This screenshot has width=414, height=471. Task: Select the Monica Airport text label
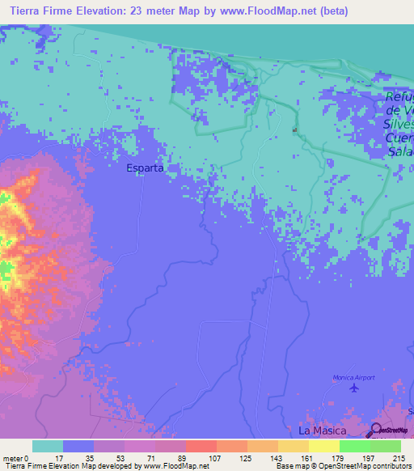pos(354,378)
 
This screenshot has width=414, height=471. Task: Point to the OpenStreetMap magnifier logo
pos(378,429)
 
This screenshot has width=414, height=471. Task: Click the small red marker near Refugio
pos(295,129)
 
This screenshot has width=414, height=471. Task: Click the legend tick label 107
pos(216,457)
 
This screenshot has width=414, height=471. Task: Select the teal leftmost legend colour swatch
pos(48,446)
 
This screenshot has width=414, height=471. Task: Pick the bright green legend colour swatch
pos(354,446)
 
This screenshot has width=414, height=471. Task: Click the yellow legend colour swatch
pos(293,446)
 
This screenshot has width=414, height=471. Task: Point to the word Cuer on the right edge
pos(399,138)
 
